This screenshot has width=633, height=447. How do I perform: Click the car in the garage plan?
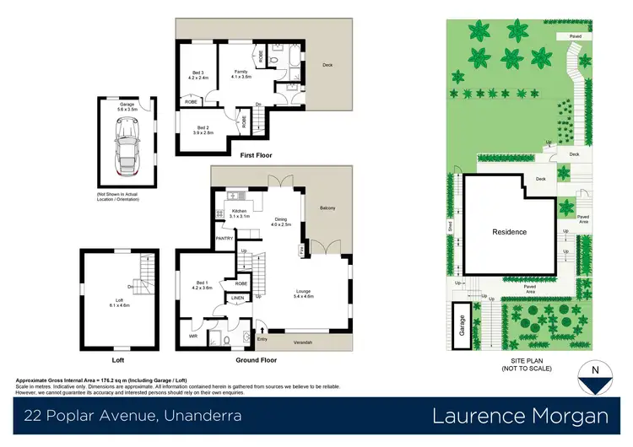(x=129, y=147)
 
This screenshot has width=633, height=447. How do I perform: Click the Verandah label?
(x=303, y=342)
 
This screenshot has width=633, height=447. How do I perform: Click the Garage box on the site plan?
(x=462, y=326)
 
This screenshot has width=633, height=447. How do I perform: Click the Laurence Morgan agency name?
(x=520, y=416)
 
